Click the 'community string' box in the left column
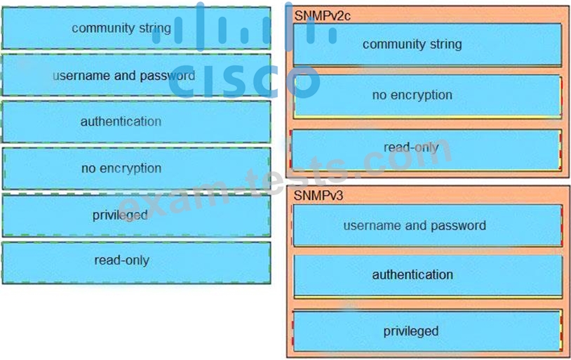pyautogui.click(x=136, y=28)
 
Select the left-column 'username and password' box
pyautogui.click(x=136, y=75)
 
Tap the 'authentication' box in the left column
pyautogui.click(x=136, y=121)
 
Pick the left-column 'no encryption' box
pyautogui.click(x=136, y=168)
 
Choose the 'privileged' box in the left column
pyautogui.click(x=136, y=215)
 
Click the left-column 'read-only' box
pyautogui.click(x=136, y=262)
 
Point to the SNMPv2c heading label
pyautogui.click(x=322, y=15)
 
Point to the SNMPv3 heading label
pyautogui.click(x=318, y=196)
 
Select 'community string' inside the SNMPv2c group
pyautogui.click(x=427, y=44)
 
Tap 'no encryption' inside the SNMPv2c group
pyautogui.click(x=427, y=96)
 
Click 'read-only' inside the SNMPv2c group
pyautogui.click(x=426, y=149)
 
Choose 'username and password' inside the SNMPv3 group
pyautogui.click(x=426, y=225)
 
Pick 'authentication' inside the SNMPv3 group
pyautogui.click(x=427, y=276)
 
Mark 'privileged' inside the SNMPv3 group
pyautogui.click(x=426, y=331)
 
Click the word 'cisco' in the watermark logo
pyautogui.click(x=244, y=81)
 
